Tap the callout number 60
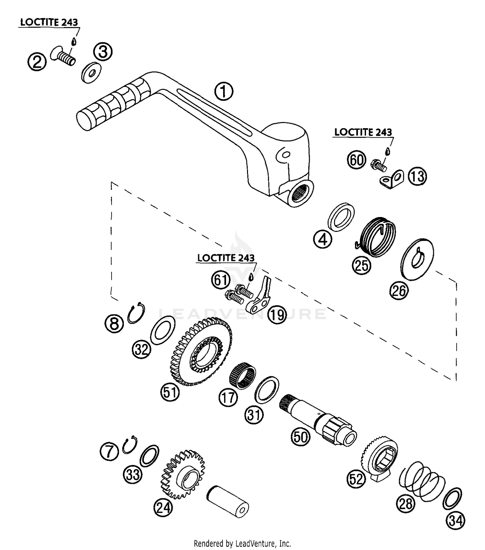coord(356,160)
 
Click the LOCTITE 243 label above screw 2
coord(49,22)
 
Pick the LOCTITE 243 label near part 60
coord(363,132)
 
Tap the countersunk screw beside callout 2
coord(64,56)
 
